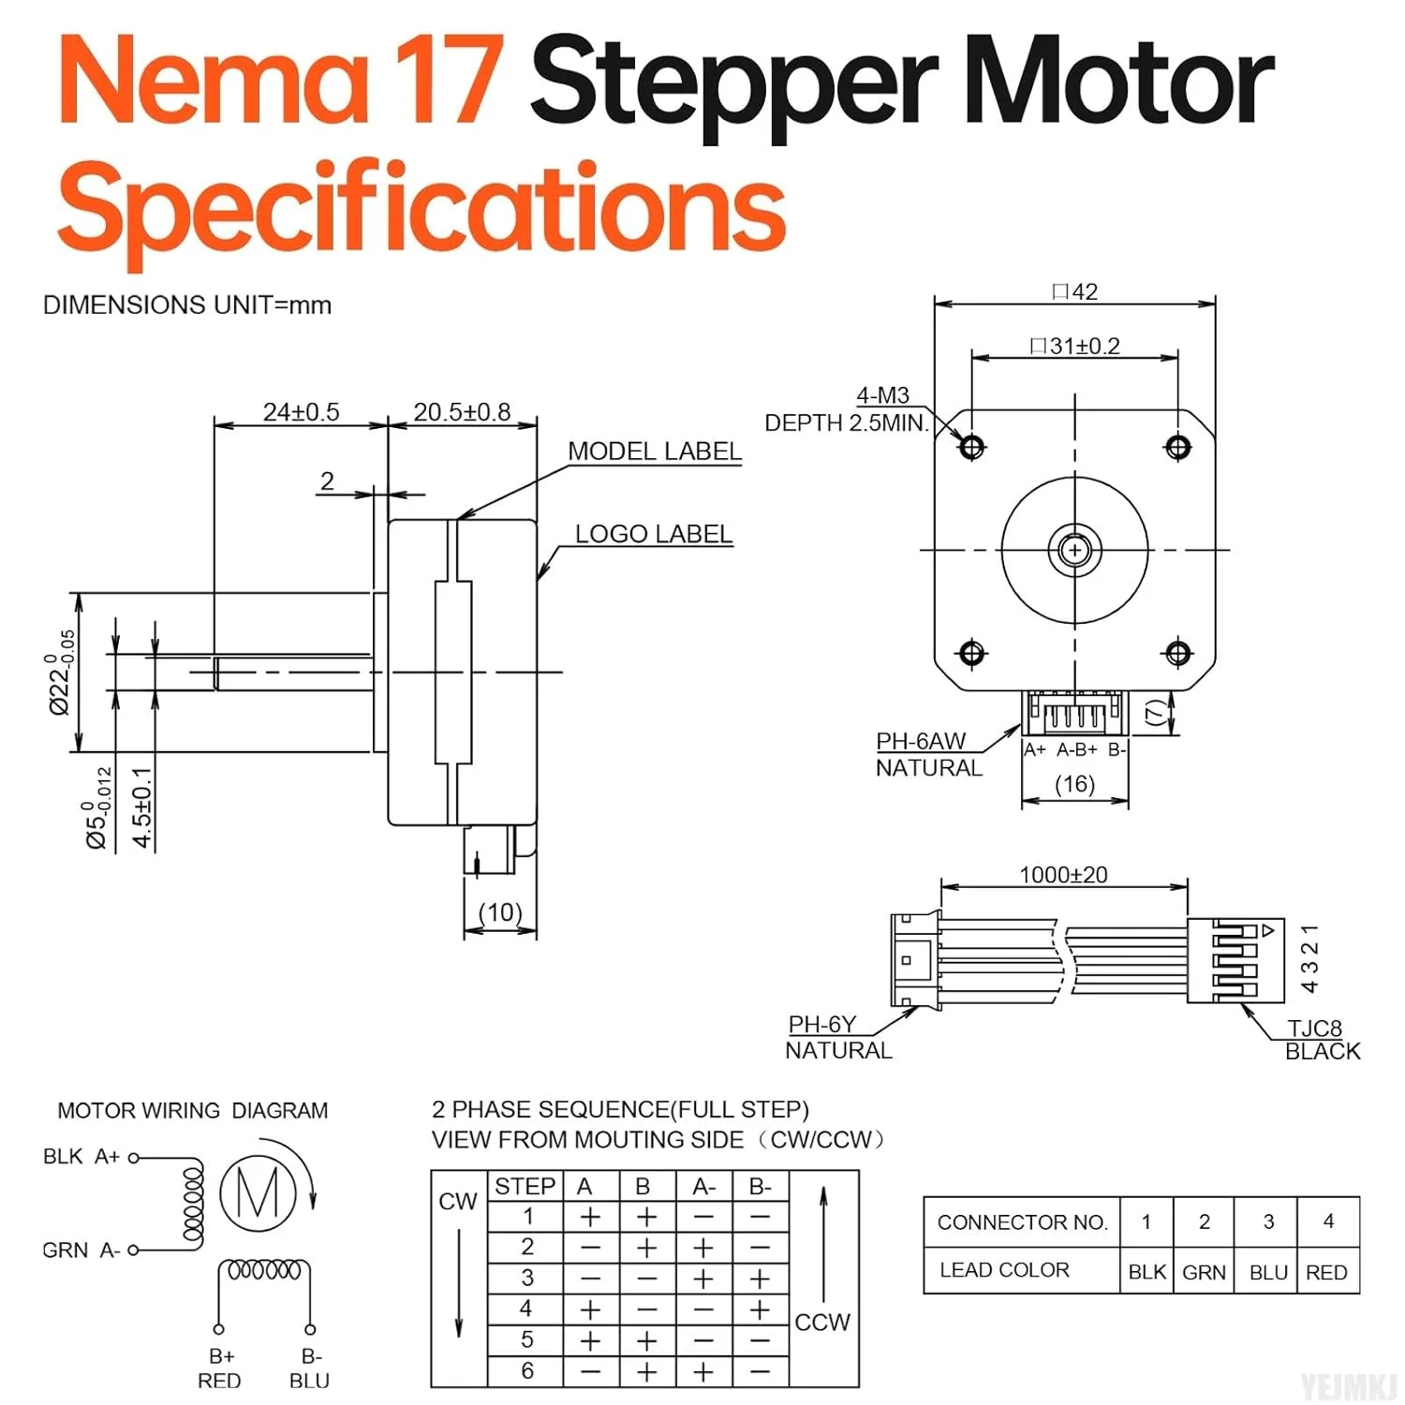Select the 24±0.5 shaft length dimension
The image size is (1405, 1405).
[x=301, y=412]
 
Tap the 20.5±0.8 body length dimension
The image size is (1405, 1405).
[x=462, y=412]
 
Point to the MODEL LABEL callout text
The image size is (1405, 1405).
[x=654, y=451]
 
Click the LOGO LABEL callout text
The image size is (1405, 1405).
[x=653, y=534]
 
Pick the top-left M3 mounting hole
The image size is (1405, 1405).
[x=971, y=447]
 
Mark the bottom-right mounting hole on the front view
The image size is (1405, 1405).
[x=1177, y=653]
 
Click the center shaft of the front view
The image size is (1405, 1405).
[x=1074, y=550]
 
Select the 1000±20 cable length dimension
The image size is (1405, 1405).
[x=1063, y=875]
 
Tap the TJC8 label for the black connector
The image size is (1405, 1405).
[x=1314, y=1028]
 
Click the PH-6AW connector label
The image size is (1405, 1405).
[x=920, y=741]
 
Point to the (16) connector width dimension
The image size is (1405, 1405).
[x=1074, y=784]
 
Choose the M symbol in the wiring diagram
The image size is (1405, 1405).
[x=258, y=1192]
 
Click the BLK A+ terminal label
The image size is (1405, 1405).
[x=81, y=1157]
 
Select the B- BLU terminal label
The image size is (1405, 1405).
[x=310, y=1368]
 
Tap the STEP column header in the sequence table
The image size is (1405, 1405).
[x=525, y=1186]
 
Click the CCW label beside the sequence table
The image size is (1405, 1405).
[x=821, y=1323]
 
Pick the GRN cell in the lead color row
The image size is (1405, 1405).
[x=1204, y=1272]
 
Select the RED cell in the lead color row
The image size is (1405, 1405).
[x=1326, y=1272]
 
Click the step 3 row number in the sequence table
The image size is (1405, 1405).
[x=527, y=1278]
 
